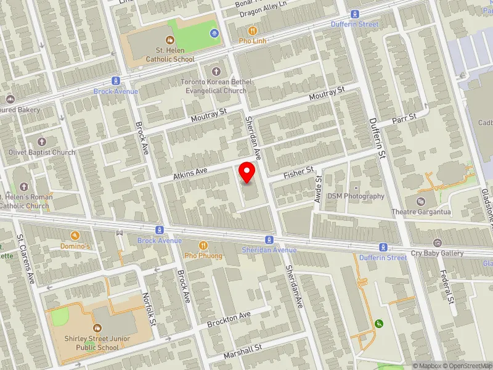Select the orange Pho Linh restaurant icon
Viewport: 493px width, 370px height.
[253, 30]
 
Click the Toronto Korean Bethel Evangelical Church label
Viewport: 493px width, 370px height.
[214, 86]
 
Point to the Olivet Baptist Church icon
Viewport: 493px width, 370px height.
[42, 142]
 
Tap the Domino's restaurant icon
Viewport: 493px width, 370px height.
[75, 236]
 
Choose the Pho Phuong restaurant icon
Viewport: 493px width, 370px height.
[202, 245]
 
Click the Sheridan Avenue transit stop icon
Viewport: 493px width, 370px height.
[269, 239]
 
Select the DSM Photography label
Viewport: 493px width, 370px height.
[356, 196]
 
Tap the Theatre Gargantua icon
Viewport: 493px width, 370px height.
[421, 201]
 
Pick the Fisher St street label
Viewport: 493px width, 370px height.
[299, 172]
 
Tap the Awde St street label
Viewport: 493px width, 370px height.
[319, 183]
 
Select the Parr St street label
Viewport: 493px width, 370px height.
[404, 117]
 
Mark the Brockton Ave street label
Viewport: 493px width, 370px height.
[229, 319]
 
